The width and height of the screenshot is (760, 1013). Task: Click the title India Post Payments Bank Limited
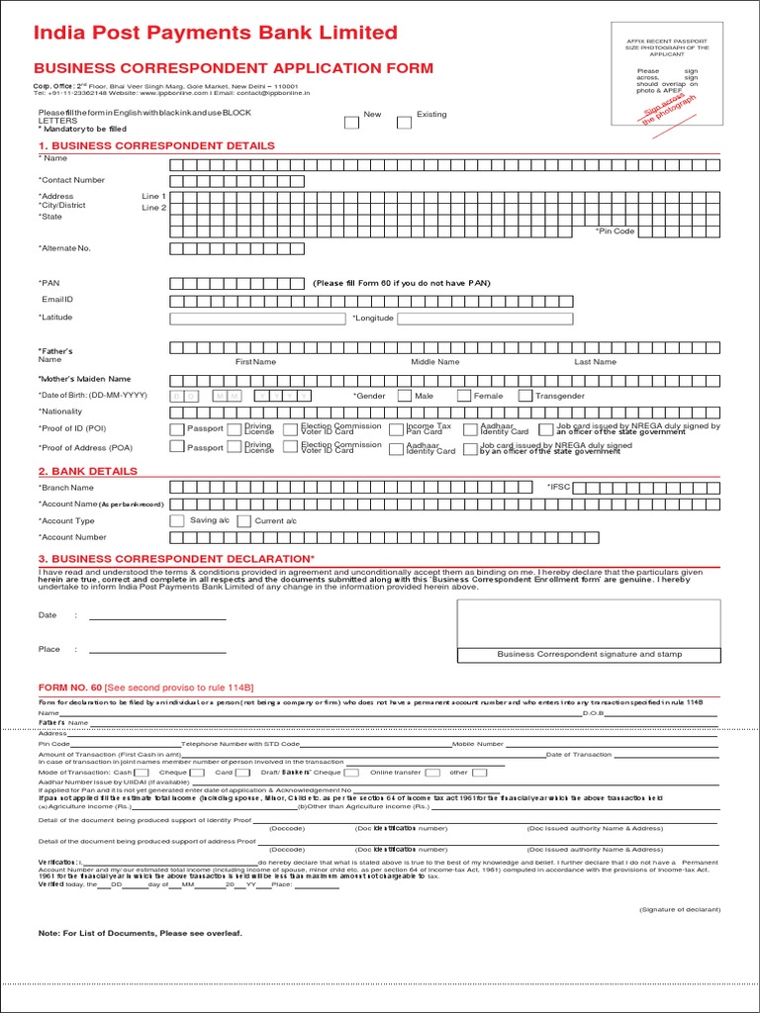215,33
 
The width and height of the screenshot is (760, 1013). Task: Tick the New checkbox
351,123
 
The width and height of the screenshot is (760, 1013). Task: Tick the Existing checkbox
404,123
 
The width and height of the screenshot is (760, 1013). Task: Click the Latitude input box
259,319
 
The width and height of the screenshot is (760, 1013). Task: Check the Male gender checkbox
404,396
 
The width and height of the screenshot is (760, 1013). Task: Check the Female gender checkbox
462,396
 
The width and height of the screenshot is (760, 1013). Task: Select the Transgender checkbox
524,396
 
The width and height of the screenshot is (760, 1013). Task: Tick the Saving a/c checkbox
177,520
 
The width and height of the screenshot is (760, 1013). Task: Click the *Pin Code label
615,231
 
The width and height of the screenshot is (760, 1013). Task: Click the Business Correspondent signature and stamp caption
589,654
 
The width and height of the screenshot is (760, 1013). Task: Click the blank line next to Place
157,651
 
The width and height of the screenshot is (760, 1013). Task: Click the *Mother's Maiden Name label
84,379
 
